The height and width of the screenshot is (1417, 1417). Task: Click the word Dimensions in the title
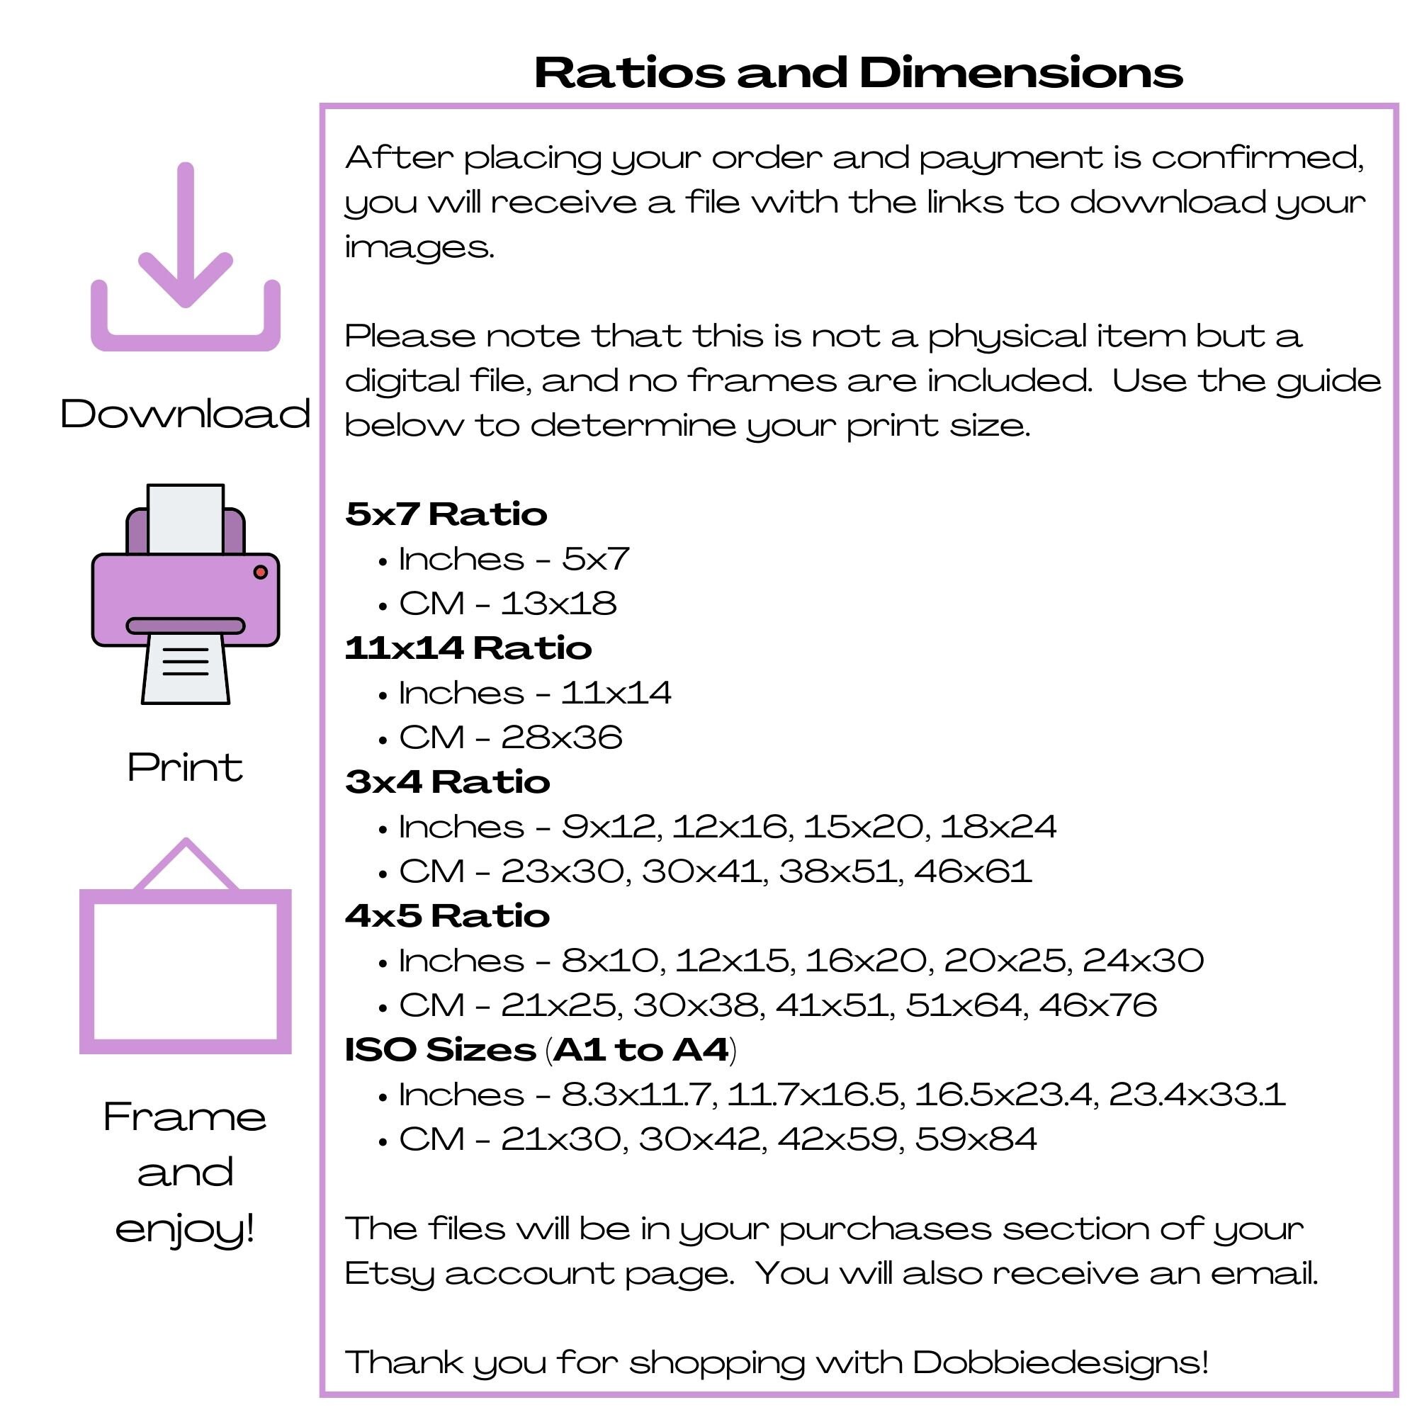[x=1021, y=74]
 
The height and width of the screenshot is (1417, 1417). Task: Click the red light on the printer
[x=260, y=572]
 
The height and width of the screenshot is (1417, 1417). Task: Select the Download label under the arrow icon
[x=186, y=414]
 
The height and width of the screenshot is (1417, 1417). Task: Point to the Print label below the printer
[x=186, y=768]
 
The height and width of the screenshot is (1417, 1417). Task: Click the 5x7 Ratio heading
[x=446, y=514]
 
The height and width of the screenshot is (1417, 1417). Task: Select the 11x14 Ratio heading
[x=468, y=648]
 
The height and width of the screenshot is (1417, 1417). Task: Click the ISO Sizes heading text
[x=440, y=1050]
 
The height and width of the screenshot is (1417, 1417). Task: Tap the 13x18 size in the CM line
[x=559, y=604]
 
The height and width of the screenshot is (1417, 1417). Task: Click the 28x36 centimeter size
[x=562, y=738]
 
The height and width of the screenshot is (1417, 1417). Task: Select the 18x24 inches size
[x=998, y=828]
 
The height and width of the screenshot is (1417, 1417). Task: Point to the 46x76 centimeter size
[x=1098, y=1005]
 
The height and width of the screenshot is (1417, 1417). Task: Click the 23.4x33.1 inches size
[x=1197, y=1095]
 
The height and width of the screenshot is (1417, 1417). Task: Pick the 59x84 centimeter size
[x=976, y=1140]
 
